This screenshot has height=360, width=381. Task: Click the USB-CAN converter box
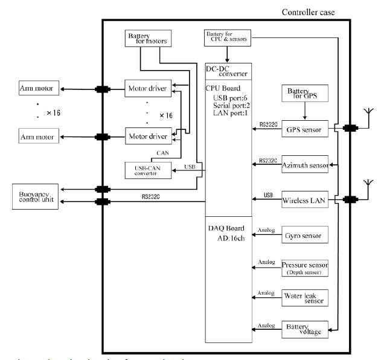[x=147, y=170]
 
